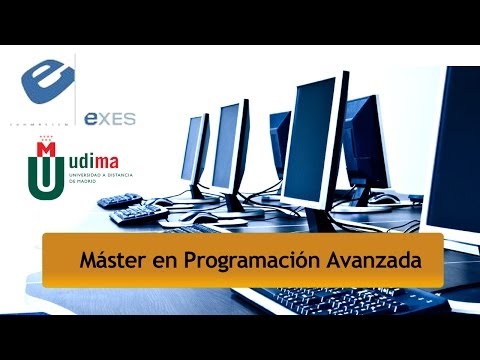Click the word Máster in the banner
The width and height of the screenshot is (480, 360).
pos(107,260)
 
